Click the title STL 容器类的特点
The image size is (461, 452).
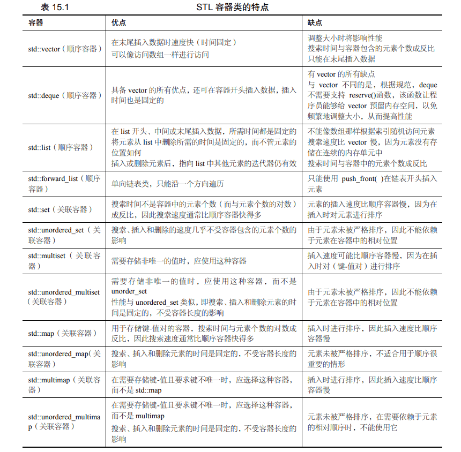point(232,7)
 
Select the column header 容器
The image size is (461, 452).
point(36,23)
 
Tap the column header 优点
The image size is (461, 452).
point(119,23)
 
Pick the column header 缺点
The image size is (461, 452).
point(315,23)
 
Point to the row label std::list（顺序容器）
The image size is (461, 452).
point(61,147)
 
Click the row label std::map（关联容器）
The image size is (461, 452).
point(62,333)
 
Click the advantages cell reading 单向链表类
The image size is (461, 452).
point(167,184)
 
